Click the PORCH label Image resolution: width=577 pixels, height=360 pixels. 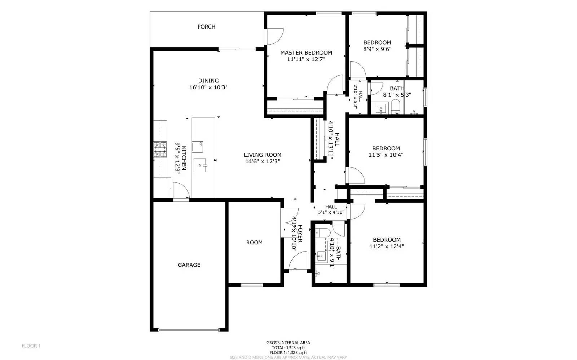pyautogui.click(x=206, y=27)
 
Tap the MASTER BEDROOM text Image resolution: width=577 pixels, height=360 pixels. pyautogui.click(x=306, y=53)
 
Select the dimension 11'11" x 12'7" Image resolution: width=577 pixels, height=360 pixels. pyautogui.click(x=306, y=59)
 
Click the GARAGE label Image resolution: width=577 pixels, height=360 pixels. pyautogui.click(x=189, y=265)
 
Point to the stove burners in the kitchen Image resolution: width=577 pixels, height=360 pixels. pyautogui.click(x=160, y=150)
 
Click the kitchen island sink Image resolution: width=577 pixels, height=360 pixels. pyautogui.click(x=200, y=166)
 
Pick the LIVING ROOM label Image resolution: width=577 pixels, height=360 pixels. pyautogui.click(x=263, y=155)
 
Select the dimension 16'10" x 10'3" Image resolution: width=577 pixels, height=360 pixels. pyautogui.click(x=208, y=87)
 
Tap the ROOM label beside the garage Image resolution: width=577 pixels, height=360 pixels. pyautogui.click(x=254, y=243)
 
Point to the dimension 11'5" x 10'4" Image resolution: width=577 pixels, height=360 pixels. pyautogui.click(x=386, y=155)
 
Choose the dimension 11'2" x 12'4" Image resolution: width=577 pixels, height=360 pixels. pyautogui.click(x=387, y=246)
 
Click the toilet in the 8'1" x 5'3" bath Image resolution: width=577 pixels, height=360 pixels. pyautogui.click(x=396, y=107)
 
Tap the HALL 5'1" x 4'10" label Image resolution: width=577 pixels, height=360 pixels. pyautogui.click(x=331, y=210)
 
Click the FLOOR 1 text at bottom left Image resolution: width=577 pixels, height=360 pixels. pyautogui.click(x=31, y=346)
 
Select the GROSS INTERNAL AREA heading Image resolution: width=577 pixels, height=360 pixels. pyautogui.click(x=288, y=343)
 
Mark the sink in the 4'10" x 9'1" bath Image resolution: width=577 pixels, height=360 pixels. pyautogui.click(x=321, y=256)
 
